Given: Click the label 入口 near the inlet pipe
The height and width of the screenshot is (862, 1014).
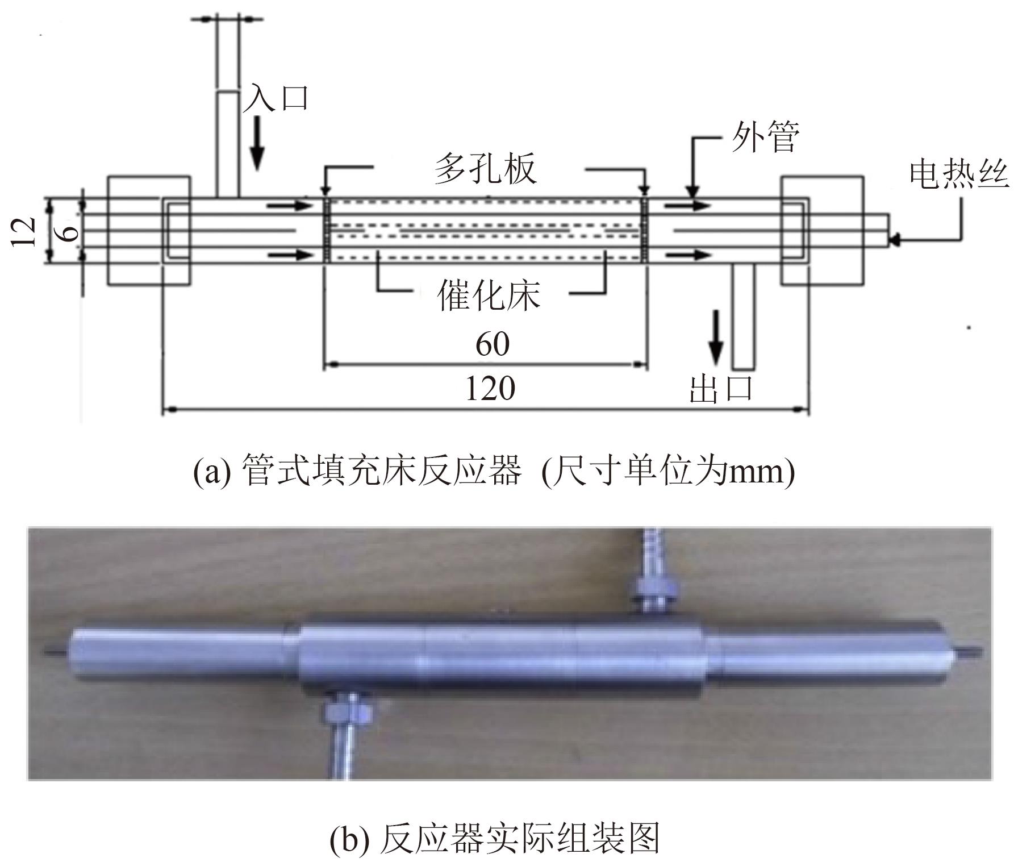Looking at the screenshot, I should (277, 98).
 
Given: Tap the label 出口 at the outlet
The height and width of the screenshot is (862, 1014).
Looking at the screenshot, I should (721, 389).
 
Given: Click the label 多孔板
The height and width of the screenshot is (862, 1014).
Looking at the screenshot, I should (486, 169).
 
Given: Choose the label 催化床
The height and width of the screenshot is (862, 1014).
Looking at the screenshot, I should (488, 295).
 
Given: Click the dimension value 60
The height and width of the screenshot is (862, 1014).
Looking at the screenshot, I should (492, 344).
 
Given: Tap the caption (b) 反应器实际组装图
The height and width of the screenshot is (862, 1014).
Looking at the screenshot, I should (494, 838).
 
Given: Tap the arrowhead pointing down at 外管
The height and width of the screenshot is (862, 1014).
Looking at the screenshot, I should (692, 192).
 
